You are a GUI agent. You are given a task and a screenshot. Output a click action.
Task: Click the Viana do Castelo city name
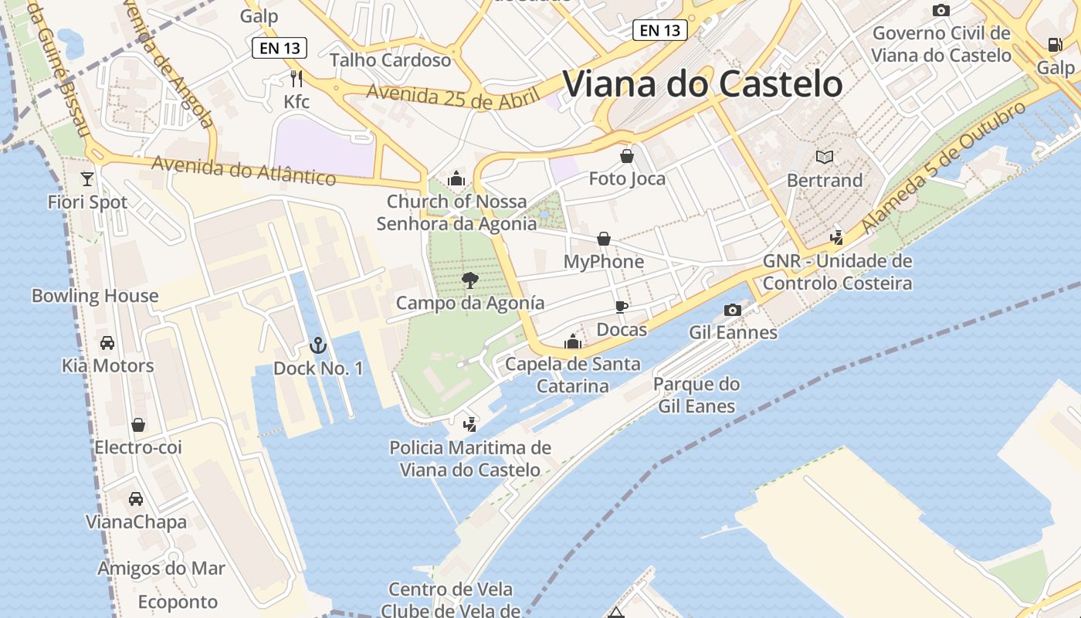pos(703,83)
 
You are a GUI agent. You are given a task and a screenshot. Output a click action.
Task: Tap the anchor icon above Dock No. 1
pos(317,345)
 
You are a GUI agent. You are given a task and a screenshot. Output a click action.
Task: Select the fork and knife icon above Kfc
pos(296,77)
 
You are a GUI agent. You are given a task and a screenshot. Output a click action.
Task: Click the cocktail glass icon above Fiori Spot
pos(87,178)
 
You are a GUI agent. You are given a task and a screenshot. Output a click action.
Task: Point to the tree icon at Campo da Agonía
pos(469,280)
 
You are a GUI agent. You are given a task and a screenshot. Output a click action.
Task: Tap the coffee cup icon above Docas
pos(622,307)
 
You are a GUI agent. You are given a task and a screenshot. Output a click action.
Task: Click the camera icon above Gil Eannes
pos(733,310)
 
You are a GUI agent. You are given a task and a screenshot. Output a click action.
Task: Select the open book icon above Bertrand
pos(825,157)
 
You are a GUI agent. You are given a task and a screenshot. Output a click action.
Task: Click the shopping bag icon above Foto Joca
pos(627,156)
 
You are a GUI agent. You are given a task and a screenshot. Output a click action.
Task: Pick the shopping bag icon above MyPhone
pos(604,239)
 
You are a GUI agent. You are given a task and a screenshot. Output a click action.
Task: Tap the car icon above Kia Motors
pos(107,342)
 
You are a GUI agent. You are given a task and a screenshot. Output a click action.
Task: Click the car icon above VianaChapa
pos(136,498)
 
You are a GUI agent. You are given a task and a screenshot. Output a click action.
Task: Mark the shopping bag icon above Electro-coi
pos(138,424)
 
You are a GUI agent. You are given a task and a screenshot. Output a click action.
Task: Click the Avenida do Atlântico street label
pos(244,171)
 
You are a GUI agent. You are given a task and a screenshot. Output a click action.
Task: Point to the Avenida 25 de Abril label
pos(451,97)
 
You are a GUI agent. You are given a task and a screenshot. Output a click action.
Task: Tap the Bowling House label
pos(95,296)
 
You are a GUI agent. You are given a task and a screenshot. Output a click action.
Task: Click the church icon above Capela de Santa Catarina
pos(573,341)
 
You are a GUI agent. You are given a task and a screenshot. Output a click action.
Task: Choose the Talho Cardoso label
pos(390,60)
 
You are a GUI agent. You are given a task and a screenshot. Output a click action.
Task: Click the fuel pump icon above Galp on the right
pos(1055,44)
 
